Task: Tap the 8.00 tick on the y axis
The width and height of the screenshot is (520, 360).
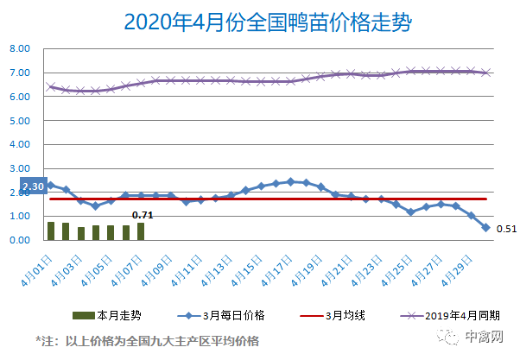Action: click(x=20, y=49)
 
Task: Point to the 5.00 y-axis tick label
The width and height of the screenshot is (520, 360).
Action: click(x=20, y=121)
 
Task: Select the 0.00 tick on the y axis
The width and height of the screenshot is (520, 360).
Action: click(x=20, y=240)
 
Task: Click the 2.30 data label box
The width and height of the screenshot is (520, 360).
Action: click(x=32, y=186)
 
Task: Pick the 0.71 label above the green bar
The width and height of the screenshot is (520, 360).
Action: click(x=143, y=214)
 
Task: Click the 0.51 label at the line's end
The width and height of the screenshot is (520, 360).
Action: click(x=506, y=229)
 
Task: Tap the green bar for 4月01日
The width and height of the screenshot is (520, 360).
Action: click(x=51, y=231)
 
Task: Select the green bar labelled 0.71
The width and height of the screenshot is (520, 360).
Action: click(x=141, y=231)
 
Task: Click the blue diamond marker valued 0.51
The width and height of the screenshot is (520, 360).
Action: click(x=485, y=228)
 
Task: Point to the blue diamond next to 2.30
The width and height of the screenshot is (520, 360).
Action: click(x=51, y=185)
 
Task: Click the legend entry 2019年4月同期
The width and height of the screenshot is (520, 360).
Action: click(x=452, y=314)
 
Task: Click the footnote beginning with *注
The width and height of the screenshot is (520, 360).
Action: click(x=147, y=341)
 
